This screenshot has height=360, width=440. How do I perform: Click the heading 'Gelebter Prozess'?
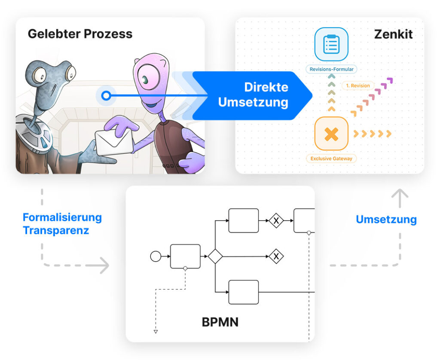pyautogui.click(x=80, y=34)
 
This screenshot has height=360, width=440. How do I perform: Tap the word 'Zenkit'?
pyautogui.click(x=393, y=34)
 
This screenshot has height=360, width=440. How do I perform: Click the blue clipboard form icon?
pyautogui.click(x=331, y=44)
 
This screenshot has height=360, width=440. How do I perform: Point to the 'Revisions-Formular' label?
pyautogui.click(x=331, y=69)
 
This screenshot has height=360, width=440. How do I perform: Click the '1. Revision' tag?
pyautogui.click(x=357, y=85)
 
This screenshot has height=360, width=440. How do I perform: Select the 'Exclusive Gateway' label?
pyautogui.click(x=331, y=159)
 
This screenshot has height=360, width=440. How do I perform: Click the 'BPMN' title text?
pyautogui.click(x=220, y=322)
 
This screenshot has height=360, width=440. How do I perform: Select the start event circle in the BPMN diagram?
pyautogui.click(x=155, y=256)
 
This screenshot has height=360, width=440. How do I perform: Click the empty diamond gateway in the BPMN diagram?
pyautogui.click(x=215, y=256)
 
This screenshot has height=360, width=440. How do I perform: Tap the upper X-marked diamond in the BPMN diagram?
pyautogui.click(x=276, y=220)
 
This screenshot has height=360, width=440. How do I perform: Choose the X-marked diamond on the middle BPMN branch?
pyautogui.click(x=276, y=256)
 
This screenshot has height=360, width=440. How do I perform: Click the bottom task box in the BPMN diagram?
pyautogui.click(x=243, y=292)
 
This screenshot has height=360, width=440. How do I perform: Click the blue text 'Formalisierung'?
pyautogui.click(x=62, y=217)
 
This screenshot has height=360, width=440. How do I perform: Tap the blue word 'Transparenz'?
pyautogui.click(x=56, y=230)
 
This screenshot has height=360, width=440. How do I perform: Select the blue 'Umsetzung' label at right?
pyautogui.click(x=386, y=220)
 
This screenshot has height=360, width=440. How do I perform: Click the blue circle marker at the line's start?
pyautogui.click(x=106, y=95)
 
